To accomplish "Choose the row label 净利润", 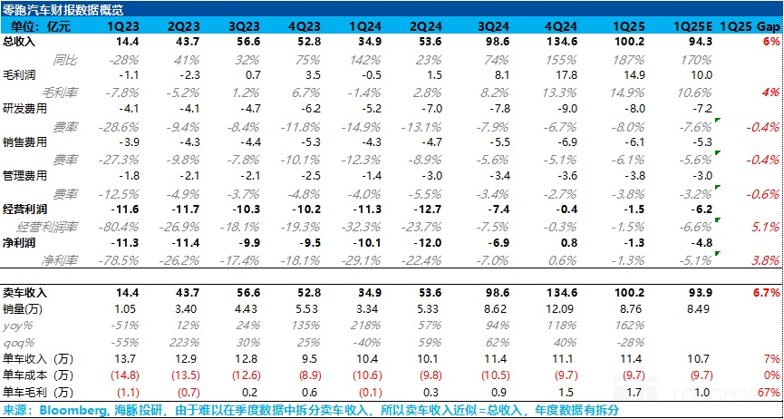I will pyautogui.click(x=19, y=243).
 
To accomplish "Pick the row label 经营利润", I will pyautogui.click(x=24, y=209).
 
